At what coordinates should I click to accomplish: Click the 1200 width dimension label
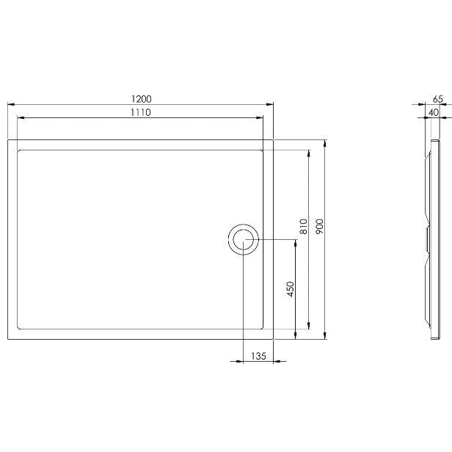[141, 99]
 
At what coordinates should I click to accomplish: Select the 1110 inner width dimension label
[141, 112]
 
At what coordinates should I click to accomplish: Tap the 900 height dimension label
[320, 226]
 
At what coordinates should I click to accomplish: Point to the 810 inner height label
[304, 226]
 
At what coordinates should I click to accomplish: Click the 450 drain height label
[291, 289]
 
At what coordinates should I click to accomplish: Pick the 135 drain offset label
[258, 357]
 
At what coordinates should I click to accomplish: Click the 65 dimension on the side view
[437, 99]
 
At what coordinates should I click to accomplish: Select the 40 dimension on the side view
[433, 112]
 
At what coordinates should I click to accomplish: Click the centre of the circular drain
[244, 239]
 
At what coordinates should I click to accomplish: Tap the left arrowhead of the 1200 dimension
[11, 104]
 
